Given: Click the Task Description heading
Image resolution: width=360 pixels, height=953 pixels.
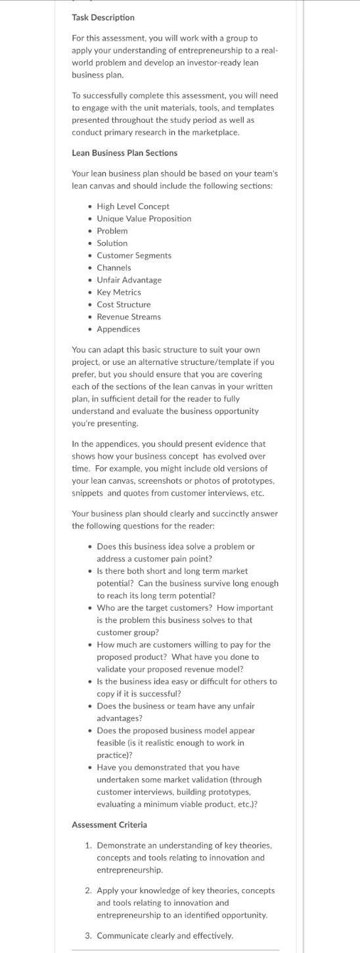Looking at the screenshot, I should click(x=103, y=17).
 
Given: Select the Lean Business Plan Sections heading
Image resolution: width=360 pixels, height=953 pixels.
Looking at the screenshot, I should click(x=124, y=152).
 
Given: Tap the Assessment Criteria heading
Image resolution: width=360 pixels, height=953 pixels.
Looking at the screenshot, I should click(x=109, y=824).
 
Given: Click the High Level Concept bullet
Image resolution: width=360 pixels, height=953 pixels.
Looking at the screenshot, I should click(x=133, y=206).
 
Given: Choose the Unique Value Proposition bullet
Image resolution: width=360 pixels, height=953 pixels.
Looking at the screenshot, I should click(x=144, y=218).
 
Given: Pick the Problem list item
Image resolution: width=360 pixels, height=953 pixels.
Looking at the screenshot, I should click(x=112, y=231).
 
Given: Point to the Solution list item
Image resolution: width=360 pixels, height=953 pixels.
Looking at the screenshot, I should click(x=112, y=243).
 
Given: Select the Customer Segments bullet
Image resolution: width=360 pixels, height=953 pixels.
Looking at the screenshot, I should click(x=134, y=255).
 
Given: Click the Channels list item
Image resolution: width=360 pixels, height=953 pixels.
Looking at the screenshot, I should click(x=114, y=267).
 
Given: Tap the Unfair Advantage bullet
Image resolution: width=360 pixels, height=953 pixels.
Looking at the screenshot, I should click(x=129, y=280).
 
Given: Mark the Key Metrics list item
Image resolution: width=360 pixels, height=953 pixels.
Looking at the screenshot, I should click(x=119, y=292).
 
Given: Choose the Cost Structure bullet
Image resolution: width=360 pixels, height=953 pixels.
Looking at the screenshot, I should click(x=124, y=304).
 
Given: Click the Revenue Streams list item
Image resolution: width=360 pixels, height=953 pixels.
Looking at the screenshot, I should click(x=129, y=317).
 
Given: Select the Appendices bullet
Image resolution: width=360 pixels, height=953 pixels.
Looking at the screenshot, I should click(x=118, y=329).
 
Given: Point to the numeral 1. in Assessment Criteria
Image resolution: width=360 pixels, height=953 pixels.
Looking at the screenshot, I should click(x=89, y=845).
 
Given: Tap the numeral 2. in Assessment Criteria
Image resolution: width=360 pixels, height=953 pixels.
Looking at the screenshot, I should click(x=89, y=891).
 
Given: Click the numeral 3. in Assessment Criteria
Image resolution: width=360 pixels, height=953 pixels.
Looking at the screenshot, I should click(x=89, y=935).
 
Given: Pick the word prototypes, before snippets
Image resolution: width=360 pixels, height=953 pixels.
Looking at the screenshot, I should click(x=254, y=480).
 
